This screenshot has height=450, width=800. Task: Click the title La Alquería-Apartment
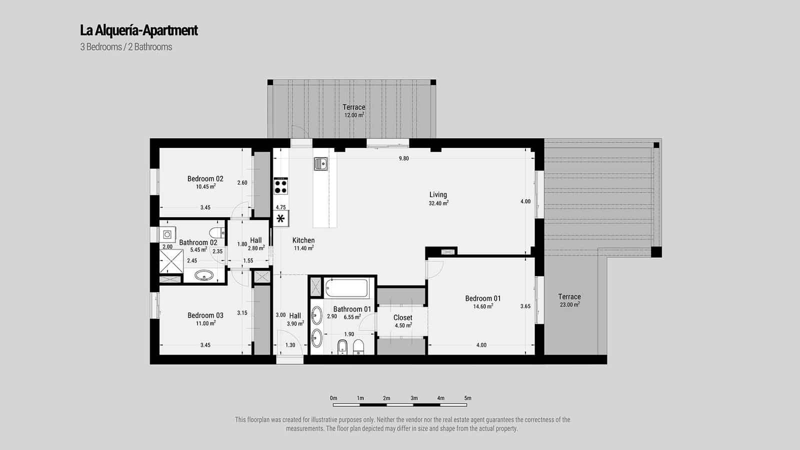coord(139,30)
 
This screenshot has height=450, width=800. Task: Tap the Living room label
coord(438,195)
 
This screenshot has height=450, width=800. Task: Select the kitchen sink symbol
coord(320,163)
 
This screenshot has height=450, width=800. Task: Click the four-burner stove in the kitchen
coord(281,186)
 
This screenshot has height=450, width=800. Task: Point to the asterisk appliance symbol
coord(280,218)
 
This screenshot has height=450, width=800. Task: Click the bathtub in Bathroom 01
coord(346,288)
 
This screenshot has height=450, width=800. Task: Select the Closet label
coord(402,317)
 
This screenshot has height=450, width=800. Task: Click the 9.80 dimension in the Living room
coord(403,158)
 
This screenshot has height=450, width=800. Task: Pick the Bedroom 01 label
coord(482,298)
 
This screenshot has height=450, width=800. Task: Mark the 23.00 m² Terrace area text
coord(569,304)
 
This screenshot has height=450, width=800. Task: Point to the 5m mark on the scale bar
coord(467,398)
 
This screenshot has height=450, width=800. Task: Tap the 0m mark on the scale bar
coord(333,398)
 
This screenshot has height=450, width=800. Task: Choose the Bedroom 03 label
coord(205,315)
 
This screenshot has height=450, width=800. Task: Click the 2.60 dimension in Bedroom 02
coord(242,183)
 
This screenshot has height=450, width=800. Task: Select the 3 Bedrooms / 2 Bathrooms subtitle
coord(126,47)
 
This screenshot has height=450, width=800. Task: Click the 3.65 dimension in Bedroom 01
coord(525,306)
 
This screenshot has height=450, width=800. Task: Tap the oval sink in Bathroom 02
coord(204,275)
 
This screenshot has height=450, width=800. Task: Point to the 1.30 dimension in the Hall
coord(290,345)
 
